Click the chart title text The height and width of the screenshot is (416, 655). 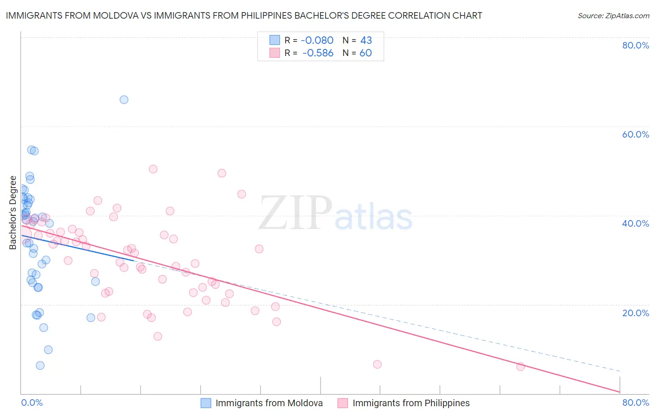(x=244, y=15)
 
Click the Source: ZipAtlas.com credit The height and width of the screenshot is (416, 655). (x=613, y=15)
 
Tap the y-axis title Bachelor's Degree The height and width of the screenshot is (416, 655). (x=13, y=212)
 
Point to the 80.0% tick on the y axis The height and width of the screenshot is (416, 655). (x=635, y=45)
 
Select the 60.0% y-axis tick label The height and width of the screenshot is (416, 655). (x=635, y=134)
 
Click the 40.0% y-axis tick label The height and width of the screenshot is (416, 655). (x=635, y=223)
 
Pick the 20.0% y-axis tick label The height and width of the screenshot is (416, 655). (x=635, y=313)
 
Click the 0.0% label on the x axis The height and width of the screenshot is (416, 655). (x=32, y=402)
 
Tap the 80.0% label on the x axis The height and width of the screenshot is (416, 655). (x=635, y=402)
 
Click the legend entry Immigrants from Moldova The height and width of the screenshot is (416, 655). (x=269, y=403)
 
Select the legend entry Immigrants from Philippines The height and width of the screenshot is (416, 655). (x=411, y=403)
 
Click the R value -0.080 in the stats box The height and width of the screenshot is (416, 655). (x=317, y=41)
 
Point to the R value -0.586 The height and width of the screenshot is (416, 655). (x=318, y=53)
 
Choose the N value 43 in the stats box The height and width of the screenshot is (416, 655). (x=366, y=41)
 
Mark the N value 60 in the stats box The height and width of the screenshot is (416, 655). (x=366, y=53)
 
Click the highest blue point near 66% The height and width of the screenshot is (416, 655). (x=124, y=99)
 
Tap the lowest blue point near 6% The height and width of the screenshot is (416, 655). (x=40, y=365)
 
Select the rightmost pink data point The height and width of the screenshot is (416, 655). (x=520, y=367)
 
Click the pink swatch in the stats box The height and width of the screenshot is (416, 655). (x=275, y=53)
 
